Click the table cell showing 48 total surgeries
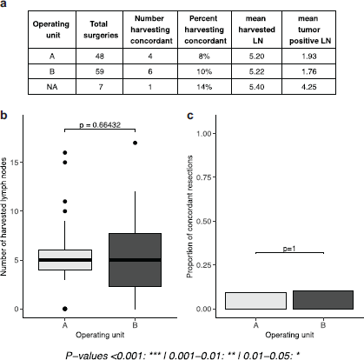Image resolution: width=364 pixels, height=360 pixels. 99,56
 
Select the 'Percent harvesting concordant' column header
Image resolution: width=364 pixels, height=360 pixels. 205,30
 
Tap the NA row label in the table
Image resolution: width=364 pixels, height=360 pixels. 52,87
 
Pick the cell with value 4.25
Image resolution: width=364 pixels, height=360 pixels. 308,87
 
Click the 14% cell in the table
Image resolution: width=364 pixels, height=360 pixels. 204,87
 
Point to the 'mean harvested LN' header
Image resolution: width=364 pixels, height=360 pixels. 256,30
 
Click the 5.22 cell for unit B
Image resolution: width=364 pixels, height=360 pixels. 256,71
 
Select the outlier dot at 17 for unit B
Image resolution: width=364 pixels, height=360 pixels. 135,143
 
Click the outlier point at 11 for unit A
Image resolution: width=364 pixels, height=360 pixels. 65,201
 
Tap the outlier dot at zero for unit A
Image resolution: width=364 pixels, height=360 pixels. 65,309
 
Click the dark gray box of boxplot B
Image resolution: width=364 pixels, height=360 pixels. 135,260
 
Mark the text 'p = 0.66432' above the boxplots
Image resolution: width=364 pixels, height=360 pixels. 100,124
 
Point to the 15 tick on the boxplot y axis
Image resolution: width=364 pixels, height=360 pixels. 15,163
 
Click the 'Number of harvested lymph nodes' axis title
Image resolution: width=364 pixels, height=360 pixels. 3,217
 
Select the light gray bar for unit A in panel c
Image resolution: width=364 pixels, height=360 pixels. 255,301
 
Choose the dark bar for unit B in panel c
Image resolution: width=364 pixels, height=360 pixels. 323,300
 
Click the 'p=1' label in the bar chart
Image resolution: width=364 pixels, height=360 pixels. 289,249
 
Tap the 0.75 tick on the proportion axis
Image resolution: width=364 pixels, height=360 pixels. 204,177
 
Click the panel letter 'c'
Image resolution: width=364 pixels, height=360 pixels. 190,115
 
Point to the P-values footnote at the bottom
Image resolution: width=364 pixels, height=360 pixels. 182,355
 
